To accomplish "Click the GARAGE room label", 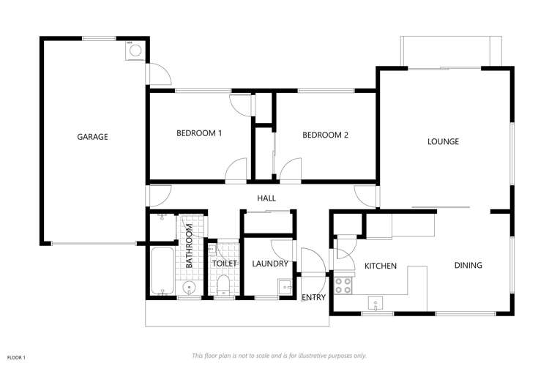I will pos(93,136).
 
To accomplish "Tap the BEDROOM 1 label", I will pos(199,133).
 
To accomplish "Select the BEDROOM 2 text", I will pos(325,134).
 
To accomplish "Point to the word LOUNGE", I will pos(443,141).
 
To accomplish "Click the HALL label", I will pos(265,198).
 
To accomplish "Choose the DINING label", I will pos(468,265).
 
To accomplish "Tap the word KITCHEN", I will pos(381,266).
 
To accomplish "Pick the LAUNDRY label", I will pos(268,264).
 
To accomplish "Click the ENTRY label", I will pos(313,296).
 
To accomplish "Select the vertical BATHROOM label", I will pos(189,245).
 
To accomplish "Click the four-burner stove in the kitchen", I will pos(342,284).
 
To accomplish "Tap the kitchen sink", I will pos(376,303).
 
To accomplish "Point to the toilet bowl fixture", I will pos(222,285).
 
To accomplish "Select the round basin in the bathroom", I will pos(189,288).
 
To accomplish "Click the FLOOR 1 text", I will pos(16,356).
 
